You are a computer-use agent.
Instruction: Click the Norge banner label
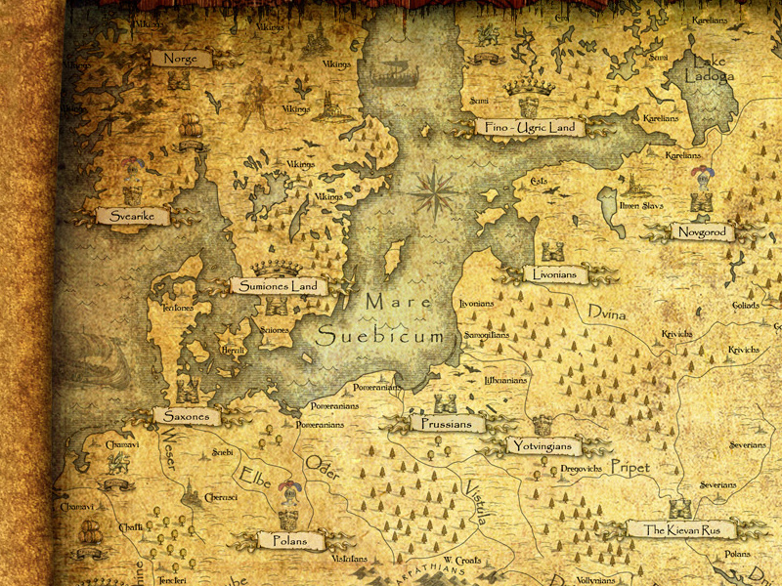click(181, 59)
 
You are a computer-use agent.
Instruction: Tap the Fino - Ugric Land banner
click(529, 127)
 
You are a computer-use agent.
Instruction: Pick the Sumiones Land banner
click(279, 286)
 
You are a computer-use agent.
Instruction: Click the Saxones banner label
click(187, 416)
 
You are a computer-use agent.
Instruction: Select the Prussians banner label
click(447, 424)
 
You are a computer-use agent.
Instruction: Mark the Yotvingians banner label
click(544, 446)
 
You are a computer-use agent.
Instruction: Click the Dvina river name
click(606, 312)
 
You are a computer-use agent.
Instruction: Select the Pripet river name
click(630, 468)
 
